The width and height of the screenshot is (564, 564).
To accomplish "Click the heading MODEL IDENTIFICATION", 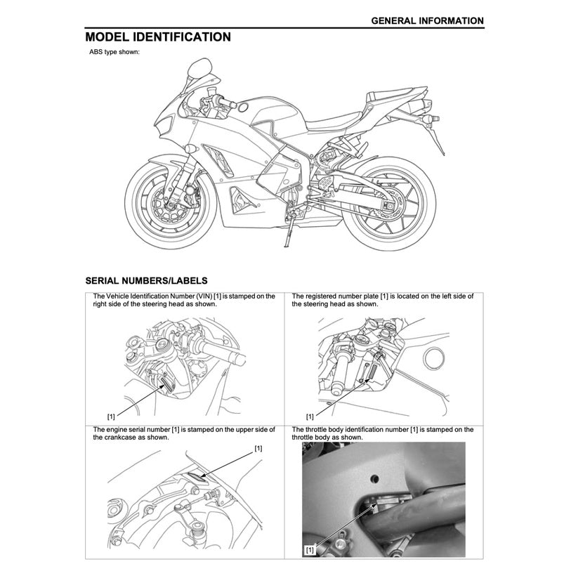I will click(157, 37).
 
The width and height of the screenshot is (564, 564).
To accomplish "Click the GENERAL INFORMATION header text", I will click(427, 20).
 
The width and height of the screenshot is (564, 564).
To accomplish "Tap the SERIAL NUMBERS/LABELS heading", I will click(146, 280).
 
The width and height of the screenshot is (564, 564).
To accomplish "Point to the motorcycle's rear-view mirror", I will click(199, 69).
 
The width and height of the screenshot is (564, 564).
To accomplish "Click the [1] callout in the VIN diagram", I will click(111, 416).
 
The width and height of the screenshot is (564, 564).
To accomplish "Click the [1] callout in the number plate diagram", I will click(310, 416).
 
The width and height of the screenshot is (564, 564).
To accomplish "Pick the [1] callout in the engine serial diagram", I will click(258, 447).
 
